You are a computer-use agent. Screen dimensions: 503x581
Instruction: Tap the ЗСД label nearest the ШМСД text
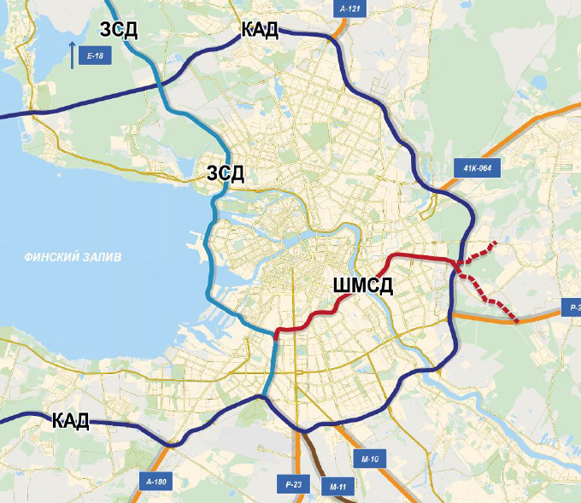(x=226, y=174)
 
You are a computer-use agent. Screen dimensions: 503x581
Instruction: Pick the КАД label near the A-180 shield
(x=71, y=420)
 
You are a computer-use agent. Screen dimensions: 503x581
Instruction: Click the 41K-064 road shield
(x=476, y=168)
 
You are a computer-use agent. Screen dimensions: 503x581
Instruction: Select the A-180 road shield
(x=156, y=483)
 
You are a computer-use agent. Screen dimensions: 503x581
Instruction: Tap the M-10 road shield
(x=369, y=459)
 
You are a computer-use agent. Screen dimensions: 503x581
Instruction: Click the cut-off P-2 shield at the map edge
(x=570, y=307)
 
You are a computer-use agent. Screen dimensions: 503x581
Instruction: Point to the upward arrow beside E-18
(x=73, y=55)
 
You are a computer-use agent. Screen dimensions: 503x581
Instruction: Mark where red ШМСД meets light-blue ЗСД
(x=276, y=334)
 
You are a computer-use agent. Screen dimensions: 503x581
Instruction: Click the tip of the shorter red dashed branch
(x=495, y=244)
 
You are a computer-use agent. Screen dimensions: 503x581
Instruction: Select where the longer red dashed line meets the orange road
(x=516, y=321)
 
